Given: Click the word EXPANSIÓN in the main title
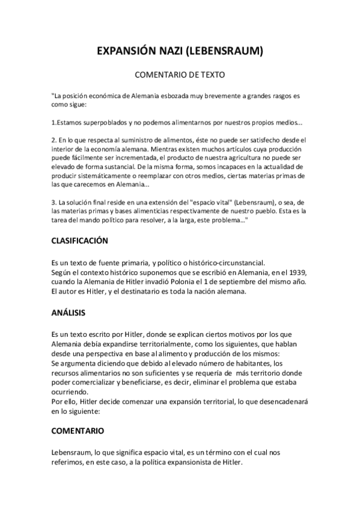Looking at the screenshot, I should [125, 52].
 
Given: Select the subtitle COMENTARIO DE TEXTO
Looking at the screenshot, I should [180, 76].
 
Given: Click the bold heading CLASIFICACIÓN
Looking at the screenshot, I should [79, 241].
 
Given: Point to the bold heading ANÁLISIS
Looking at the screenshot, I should [69, 313].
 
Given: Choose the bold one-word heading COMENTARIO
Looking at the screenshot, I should [78, 431].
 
